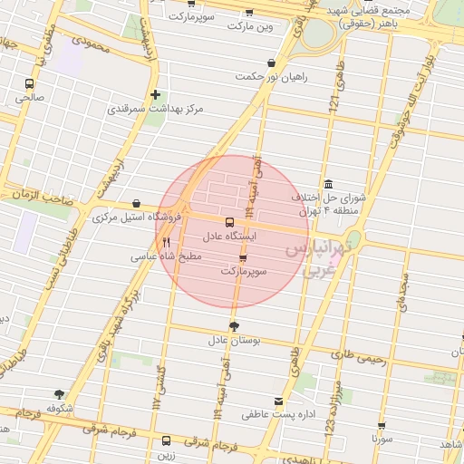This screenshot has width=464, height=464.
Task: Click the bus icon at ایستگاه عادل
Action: pos(227,221)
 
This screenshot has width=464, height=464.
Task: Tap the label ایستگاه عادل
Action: pos(228,236)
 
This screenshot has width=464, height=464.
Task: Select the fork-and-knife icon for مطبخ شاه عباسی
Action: pos(166,243)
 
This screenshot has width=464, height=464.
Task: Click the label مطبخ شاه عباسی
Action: pos(166,257)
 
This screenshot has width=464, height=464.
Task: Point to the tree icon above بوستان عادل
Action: pos(235,326)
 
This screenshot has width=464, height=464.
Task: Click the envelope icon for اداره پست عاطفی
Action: pos(278,401)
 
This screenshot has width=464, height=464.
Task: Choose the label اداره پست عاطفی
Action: pos(277,415)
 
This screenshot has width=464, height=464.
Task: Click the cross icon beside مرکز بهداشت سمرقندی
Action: pos(156,94)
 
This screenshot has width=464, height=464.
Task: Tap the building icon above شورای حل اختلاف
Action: pos(327,184)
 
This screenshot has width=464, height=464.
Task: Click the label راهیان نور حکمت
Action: pos(271,77)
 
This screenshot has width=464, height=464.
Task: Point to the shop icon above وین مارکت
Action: pos(249,13)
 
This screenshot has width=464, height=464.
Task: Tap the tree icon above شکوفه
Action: pos(60,394)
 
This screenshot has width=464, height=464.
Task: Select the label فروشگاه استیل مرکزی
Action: pos(137,217)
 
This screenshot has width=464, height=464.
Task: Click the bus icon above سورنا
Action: pos(382,425)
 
